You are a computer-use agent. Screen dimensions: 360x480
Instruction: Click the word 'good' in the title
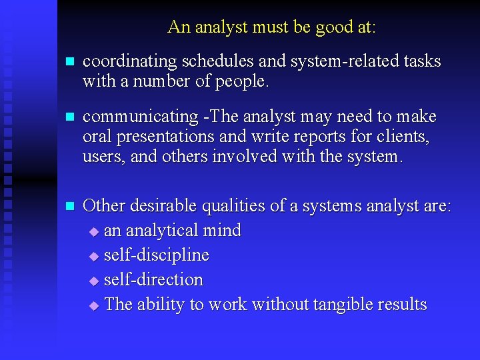[322, 27]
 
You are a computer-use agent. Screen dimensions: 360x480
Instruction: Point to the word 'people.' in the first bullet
[246, 81]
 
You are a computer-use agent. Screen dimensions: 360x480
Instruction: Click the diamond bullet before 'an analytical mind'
[94, 232]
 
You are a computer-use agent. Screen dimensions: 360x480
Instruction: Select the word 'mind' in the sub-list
[223, 231]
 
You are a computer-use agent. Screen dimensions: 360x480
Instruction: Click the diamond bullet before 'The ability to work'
[94, 306]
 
